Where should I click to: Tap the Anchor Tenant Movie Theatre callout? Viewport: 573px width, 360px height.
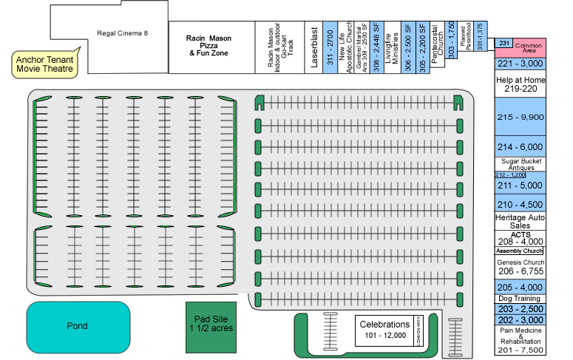tap(47, 64)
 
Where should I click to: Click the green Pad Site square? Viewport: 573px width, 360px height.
tap(211, 326)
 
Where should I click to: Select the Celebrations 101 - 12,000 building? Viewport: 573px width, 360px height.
tap(384, 330)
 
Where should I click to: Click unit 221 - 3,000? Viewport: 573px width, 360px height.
tap(520, 65)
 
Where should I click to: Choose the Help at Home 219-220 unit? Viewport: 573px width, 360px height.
tap(520, 84)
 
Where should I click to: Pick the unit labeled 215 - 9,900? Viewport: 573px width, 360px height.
tap(520, 118)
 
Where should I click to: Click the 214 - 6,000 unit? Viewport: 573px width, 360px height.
tap(520, 146)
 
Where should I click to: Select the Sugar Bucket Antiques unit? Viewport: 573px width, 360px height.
tap(520, 163)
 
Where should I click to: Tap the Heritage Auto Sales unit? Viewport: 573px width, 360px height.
tap(520, 221)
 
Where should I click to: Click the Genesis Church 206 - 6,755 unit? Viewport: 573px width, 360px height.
tap(520, 268)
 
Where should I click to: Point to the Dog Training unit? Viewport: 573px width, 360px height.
tap(520, 298)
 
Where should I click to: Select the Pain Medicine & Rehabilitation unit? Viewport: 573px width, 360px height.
tap(520, 339)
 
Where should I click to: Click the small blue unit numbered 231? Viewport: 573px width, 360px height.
tap(504, 44)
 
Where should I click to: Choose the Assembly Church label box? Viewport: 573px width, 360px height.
tap(520, 251)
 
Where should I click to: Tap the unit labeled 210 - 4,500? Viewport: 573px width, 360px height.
tap(520, 204)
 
